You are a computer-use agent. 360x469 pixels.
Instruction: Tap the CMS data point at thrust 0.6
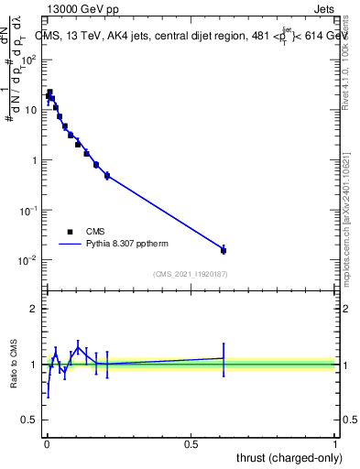click(224, 250)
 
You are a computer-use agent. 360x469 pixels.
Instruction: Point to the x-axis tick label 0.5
click(191, 444)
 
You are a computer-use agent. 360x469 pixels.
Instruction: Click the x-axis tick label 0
click(47, 444)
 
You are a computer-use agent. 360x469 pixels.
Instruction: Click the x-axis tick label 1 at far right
click(336, 444)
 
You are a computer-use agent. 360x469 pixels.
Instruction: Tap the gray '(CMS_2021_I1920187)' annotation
click(190, 274)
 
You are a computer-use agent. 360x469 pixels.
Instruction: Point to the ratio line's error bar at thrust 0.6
click(224, 358)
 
